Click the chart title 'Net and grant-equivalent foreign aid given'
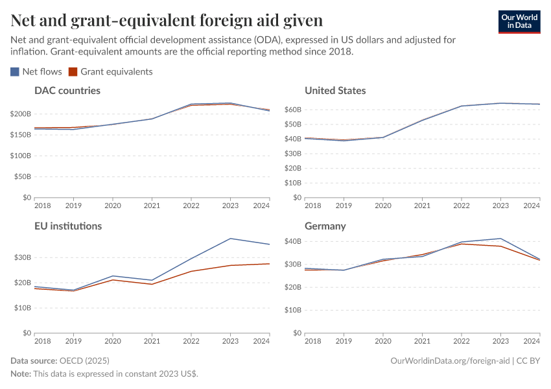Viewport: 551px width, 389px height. (x=167, y=21)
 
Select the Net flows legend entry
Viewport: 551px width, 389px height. (x=36, y=72)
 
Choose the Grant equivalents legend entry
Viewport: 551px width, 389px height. (x=111, y=72)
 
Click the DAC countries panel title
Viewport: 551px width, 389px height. (x=67, y=91)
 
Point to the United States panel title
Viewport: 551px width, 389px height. (x=335, y=91)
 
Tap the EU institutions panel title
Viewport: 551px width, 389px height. (x=67, y=226)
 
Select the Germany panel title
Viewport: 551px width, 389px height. (x=325, y=226)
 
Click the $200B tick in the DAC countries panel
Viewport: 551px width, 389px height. (x=21, y=114)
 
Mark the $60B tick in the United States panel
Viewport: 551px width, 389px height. (x=292, y=110)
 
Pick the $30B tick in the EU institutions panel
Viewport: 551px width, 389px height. (x=22, y=257)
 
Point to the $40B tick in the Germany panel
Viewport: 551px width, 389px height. (x=292, y=241)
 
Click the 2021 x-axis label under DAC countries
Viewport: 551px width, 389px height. (x=152, y=206)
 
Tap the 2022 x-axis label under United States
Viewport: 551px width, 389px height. (x=461, y=206)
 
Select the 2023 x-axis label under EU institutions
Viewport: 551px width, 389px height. (x=230, y=341)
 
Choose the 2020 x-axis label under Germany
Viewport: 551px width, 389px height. (x=383, y=341)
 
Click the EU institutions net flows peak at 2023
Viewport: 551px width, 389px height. (x=230, y=239)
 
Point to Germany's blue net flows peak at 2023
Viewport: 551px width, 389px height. (x=500, y=239)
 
